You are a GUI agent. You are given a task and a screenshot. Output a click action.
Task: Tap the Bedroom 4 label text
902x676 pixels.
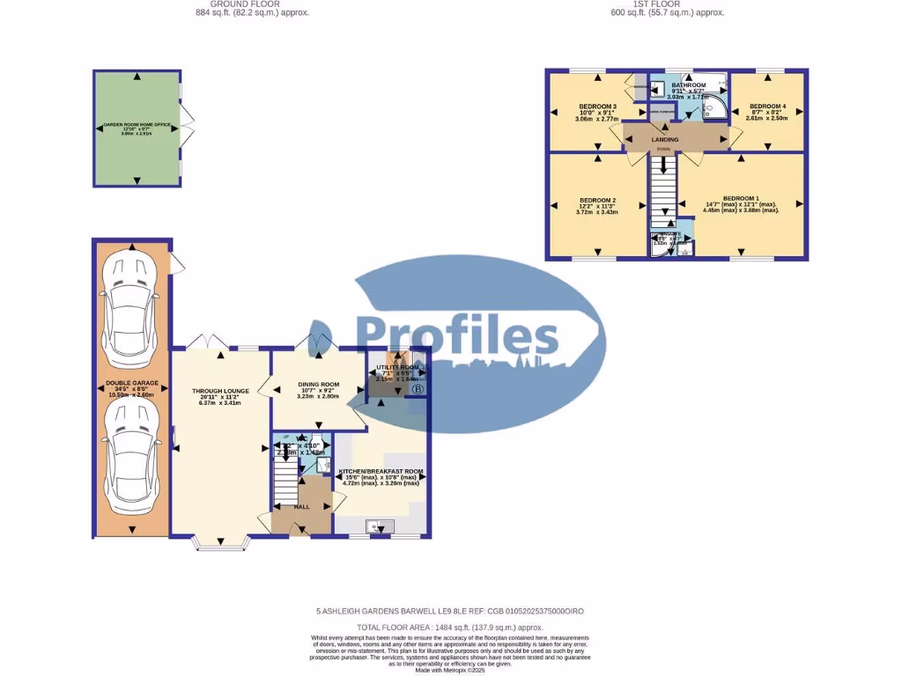[766, 107]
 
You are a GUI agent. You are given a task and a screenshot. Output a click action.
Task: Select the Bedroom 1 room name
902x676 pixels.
[740, 198]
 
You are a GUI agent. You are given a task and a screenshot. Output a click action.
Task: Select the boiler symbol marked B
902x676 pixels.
[418, 389]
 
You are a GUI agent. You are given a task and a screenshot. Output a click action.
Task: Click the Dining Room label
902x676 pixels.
[318, 385]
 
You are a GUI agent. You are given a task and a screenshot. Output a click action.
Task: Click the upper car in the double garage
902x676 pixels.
[131, 299]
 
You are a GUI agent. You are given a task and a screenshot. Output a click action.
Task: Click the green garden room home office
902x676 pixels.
[137, 129]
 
